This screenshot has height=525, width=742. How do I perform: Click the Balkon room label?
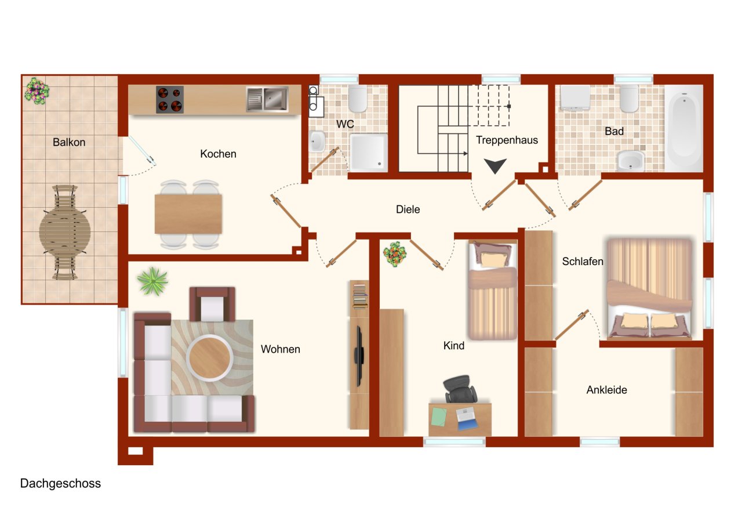pos(69,142)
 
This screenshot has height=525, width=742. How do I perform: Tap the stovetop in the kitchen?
pos(170,100)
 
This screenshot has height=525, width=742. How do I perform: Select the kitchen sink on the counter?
pos(267,99)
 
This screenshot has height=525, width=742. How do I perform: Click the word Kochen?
pos(218,154)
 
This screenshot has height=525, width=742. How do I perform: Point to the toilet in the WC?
pos(358,99)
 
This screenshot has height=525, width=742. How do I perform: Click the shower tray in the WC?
pos(369,153)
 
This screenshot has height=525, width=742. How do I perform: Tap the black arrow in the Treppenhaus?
pos(495,165)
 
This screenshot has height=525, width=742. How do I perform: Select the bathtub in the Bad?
pos(684,128)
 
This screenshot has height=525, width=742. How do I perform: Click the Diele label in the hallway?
pos(408,209)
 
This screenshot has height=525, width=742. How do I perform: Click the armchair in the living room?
pos(212,304)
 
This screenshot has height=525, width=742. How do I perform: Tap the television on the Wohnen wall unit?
pos(359,356)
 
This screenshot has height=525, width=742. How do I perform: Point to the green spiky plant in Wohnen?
pos(152,281)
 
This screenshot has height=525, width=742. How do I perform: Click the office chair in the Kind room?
pos(460,389)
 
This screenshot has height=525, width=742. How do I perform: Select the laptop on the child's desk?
pos(467,419)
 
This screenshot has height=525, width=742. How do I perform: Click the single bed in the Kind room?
pos(493,290)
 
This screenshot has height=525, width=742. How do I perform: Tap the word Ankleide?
pos(606,390)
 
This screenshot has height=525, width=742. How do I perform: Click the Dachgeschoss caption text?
pos(60,483)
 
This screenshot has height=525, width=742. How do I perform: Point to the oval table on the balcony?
pos(65,231)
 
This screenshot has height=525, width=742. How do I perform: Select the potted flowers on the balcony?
pos(37,91)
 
